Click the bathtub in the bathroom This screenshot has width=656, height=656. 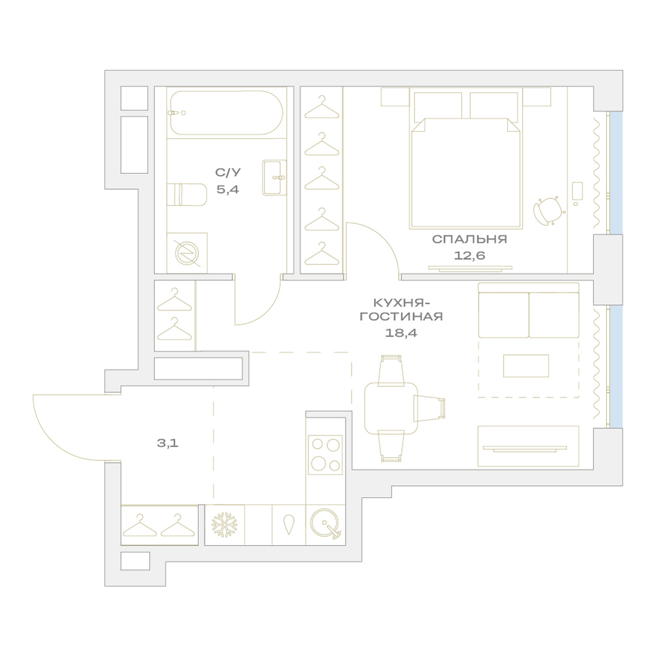226,113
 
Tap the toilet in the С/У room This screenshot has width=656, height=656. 187,195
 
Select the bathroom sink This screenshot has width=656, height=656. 274,177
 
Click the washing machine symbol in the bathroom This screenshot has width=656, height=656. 187,253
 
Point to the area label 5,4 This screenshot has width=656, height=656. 228,190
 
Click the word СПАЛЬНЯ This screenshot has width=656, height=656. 470,239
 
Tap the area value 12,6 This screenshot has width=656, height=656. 470,255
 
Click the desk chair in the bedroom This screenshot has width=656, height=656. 548,211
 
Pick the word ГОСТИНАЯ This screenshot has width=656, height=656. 401,316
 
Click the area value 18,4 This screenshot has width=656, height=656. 401,333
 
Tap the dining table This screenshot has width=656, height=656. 391,408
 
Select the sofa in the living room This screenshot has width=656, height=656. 528,310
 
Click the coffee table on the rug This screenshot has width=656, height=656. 526,365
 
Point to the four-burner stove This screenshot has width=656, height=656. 325,455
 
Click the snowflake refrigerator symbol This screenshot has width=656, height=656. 224,525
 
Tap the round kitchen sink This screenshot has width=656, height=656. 325,523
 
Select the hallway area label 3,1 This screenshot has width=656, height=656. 168,443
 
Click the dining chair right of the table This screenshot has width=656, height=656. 430,408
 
